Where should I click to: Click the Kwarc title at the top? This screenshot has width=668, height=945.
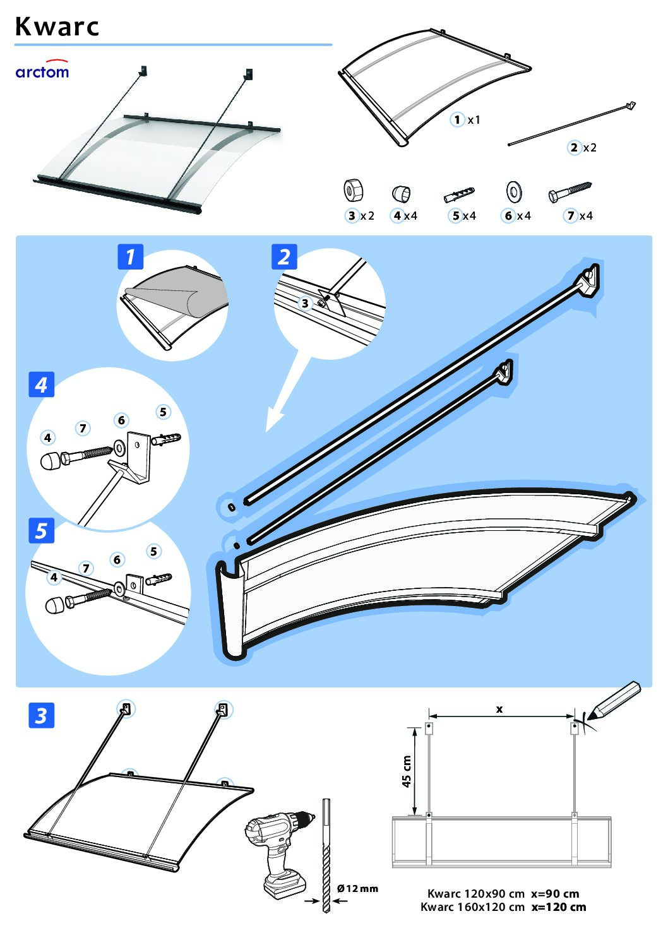tap(57, 27)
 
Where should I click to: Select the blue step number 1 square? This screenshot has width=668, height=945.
tap(131, 257)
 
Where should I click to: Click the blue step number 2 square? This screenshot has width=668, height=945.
tap(284, 257)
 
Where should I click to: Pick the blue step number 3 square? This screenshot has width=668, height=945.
tap(42, 716)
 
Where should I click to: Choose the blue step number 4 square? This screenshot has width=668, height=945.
tap(42, 384)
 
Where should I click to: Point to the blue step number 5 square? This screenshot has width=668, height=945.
tap(42, 531)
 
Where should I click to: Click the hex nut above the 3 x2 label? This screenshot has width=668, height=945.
tap(352, 190)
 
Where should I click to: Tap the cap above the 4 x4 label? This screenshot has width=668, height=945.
tap(402, 193)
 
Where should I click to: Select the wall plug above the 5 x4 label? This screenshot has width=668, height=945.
tap(460, 193)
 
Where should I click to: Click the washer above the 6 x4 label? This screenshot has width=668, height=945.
tap(513, 191)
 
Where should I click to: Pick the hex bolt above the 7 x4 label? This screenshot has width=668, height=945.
tap(570, 191)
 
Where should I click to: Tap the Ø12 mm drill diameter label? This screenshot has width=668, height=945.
tap(357, 889)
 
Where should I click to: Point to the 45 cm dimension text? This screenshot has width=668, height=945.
tap(407, 771)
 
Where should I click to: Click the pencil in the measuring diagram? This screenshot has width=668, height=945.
tap(614, 701)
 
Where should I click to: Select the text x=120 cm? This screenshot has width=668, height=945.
tap(558, 907)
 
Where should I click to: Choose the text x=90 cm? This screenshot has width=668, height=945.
tap(555, 894)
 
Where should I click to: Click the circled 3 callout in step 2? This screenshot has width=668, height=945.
tap(305, 304)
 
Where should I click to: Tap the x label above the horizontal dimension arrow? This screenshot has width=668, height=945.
tap(499, 709)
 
